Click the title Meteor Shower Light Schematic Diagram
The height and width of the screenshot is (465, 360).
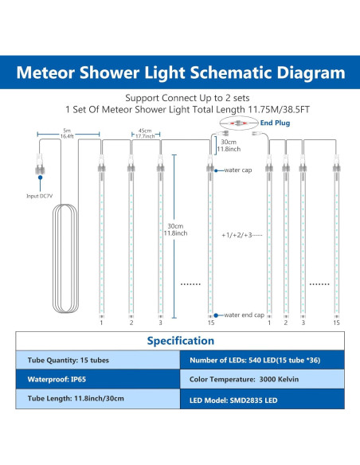[180, 73]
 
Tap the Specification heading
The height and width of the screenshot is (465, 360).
[180, 341]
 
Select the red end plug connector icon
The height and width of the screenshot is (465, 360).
[236, 124]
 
